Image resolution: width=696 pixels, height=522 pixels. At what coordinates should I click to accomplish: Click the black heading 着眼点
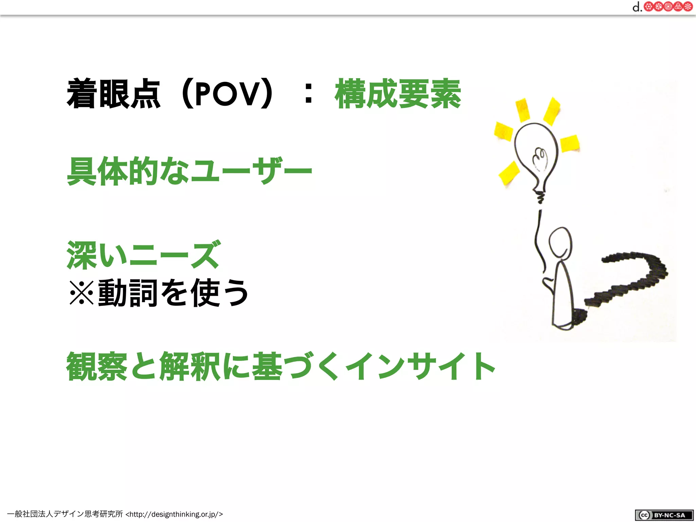[x=113, y=94]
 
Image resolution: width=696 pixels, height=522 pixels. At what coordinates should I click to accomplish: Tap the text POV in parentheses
[x=227, y=94]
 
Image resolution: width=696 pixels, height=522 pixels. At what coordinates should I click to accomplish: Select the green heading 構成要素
[x=398, y=94]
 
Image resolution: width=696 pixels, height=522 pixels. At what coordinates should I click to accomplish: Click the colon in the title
[x=308, y=94]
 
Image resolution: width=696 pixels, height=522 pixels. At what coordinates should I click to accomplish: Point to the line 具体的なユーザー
[x=189, y=171]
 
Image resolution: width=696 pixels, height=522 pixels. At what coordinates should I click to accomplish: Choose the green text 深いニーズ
[x=144, y=255]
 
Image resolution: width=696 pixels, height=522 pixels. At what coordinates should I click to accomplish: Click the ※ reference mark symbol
[x=82, y=293]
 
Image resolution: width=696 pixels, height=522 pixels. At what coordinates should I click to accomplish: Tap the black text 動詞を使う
[x=173, y=293]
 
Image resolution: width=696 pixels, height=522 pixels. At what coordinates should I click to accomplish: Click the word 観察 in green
[x=97, y=366]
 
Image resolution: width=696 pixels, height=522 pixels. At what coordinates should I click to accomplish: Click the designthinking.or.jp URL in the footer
[x=174, y=514]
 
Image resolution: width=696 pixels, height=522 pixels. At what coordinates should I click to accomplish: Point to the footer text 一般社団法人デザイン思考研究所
[x=65, y=514]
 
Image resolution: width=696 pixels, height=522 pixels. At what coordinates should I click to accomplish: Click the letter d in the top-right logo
[x=636, y=7]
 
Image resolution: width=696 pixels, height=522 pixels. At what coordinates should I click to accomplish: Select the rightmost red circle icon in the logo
[x=688, y=7]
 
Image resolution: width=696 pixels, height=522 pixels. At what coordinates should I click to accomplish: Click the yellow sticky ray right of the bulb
[x=570, y=143]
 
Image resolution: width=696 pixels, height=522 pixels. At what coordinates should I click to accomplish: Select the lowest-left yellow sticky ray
[x=509, y=173]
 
